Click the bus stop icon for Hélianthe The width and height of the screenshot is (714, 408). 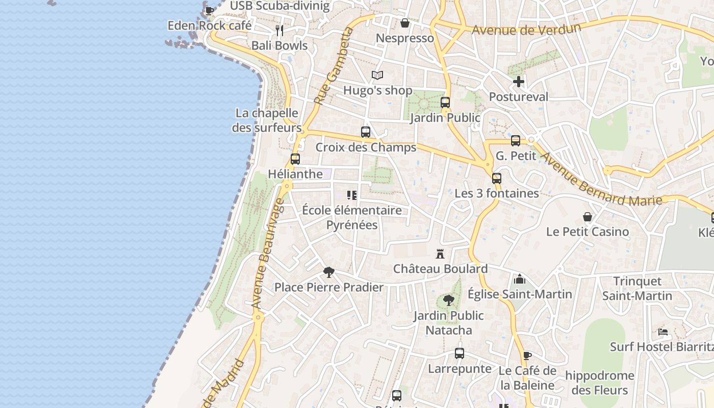click(x=295, y=159)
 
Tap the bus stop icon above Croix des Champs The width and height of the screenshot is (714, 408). click(x=366, y=132)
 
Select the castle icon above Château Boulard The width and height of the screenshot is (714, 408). click(x=440, y=253)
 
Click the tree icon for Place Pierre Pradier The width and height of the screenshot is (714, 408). click(x=329, y=272)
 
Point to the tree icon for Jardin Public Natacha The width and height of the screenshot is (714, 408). click(x=449, y=300)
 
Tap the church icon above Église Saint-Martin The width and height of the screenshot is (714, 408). click(x=520, y=279)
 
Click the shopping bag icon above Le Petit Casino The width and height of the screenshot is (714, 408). click(x=588, y=217)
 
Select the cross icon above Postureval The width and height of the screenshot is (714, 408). click(x=519, y=82)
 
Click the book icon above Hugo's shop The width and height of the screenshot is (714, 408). click(x=377, y=75)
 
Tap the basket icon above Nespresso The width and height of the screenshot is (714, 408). click(x=405, y=23)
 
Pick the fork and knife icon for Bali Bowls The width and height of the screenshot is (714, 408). click(x=279, y=31)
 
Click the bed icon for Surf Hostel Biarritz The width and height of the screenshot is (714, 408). click(x=663, y=332)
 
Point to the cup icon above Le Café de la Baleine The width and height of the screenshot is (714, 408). click(x=527, y=355)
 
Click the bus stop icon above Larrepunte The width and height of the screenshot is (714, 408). click(x=460, y=353)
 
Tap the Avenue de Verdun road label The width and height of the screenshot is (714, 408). click(x=526, y=29)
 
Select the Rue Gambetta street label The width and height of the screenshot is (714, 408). click(x=334, y=66)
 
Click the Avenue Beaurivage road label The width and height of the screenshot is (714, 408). click(x=268, y=253)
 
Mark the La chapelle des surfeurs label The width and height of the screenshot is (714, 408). click(x=267, y=120)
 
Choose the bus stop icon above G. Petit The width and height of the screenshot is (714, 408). click(x=516, y=141)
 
